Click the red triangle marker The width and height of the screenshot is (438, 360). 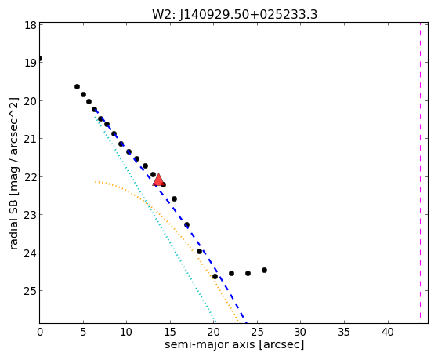158,180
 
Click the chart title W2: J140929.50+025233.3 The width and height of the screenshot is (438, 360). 234,15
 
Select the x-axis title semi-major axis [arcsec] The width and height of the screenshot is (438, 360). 234,344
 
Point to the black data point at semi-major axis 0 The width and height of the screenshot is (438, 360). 40,59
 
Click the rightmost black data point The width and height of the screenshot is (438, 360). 264,271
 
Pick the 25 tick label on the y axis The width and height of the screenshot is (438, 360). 31,291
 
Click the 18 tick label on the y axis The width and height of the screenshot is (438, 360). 31,25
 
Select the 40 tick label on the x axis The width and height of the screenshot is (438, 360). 388,332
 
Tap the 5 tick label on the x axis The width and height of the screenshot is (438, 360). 83,332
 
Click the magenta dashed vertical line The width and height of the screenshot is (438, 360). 420,170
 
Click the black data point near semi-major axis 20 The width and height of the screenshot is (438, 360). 215,276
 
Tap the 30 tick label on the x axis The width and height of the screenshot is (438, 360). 301,332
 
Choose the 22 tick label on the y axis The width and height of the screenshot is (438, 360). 31,177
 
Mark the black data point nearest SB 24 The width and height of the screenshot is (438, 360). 199,252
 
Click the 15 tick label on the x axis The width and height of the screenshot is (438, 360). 170,332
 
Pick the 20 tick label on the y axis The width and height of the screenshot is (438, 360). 31,101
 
